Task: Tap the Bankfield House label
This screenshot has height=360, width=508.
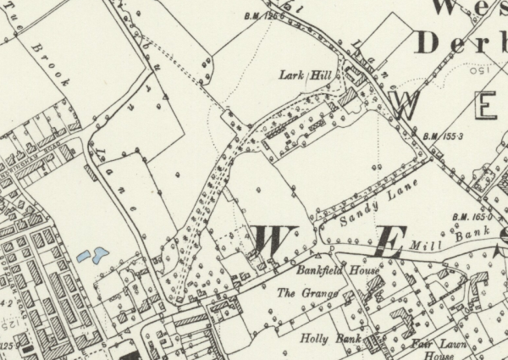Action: pyautogui.click(x=325, y=271)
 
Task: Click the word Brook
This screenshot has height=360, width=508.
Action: pyautogui.click(x=52, y=65)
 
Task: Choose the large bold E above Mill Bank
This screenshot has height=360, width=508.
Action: pyautogui.click(x=387, y=244)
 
